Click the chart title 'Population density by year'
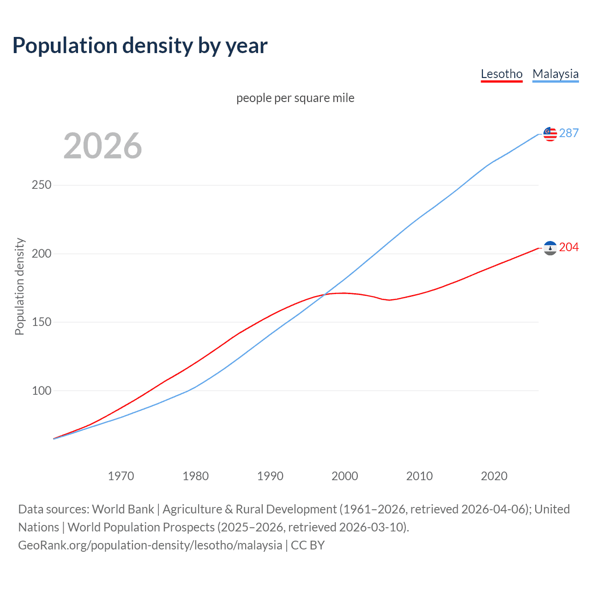pyautogui.click(x=140, y=46)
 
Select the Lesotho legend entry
pyautogui.click(x=501, y=74)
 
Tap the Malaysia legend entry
pyautogui.click(x=555, y=74)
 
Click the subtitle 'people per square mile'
pyautogui.click(x=295, y=98)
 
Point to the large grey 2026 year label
pyautogui.click(x=103, y=146)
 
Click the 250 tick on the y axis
pyautogui.click(x=42, y=185)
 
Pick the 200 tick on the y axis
pyautogui.click(x=42, y=253)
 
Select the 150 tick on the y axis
pyautogui.click(x=42, y=322)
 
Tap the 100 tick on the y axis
pyautogui.click(x=42, y=391)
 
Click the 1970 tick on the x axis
pyautogui.click(x=121, y=476)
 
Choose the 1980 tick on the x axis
pyautogui.click(x=196, y=476)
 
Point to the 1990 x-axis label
pyautogui.click(x=270, y=476)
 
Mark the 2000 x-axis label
pyautogui.click(x=345, y=476)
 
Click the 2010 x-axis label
pyautogui.click(x=419, y=476)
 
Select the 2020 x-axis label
pyautogui.click(x=494, y=476)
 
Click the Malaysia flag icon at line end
pyautogui.click(x=550, y=134)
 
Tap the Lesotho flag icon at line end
pyautogui.click(x=550, y=248)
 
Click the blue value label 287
pyautogui.click(x=569, y=133)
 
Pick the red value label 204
pyautogui.click(x=569, y=247)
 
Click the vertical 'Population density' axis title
pyautogui.click(x=19, y=286)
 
